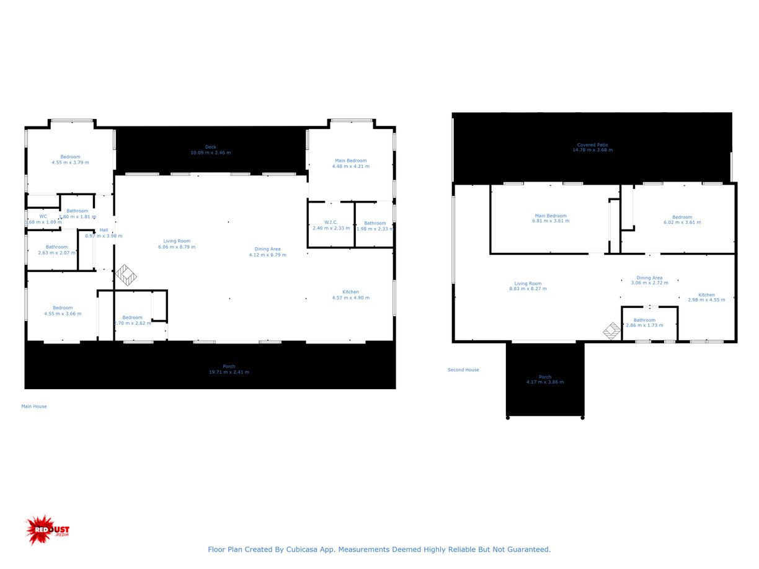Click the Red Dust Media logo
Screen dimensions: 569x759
(47, 530)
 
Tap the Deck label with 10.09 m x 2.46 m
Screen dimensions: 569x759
(211, 150)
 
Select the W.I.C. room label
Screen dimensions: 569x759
(331, 225)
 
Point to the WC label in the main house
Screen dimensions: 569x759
(43, 219)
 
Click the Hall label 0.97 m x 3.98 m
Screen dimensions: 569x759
(104, 233)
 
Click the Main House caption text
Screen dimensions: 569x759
(34, 407)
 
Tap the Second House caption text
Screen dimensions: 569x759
(463, 370)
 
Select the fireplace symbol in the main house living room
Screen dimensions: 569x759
(126, 276)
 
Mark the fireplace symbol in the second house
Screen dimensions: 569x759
(612, 331)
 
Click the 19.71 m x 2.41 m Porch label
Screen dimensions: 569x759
(229, 369)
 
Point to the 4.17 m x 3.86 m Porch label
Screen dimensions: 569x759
(544, 379)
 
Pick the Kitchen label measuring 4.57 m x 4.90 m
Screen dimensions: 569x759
(350, 294)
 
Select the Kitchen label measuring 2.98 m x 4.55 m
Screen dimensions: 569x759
(706, 298)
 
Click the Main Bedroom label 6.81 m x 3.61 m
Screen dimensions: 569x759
(550, 218)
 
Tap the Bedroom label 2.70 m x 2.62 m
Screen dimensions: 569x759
(132, 320)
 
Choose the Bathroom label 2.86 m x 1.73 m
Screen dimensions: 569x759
(644, 322)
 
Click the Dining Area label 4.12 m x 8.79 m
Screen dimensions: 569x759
(267, 252)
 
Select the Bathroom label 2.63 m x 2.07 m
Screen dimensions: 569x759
(56, 250)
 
